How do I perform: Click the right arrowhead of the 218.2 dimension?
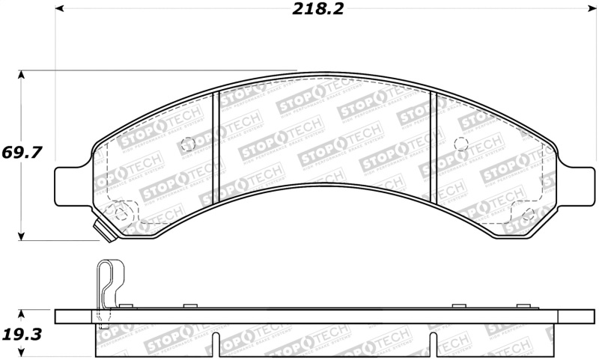(592, 9)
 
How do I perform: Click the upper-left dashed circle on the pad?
(188, 144)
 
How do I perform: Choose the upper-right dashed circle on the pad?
(461, 144)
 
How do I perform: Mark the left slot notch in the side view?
(216, 344)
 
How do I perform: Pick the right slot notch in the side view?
(433, 344)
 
